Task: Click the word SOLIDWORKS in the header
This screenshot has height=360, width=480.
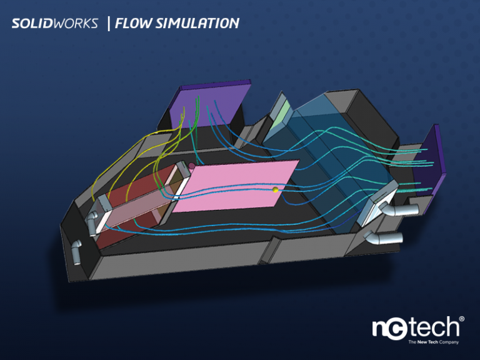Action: point(54,24)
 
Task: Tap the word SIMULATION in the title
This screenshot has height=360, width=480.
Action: point(201,24)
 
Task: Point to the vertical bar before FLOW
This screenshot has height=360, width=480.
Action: point(109,24)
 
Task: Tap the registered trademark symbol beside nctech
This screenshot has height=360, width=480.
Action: point(462,319)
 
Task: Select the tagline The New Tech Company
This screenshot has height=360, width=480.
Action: point(433,342)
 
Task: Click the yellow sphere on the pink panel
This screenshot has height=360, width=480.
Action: point(274,189)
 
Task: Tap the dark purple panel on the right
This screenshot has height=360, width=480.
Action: point(436,159)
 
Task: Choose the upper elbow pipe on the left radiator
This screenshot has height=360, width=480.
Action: point(93,221)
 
